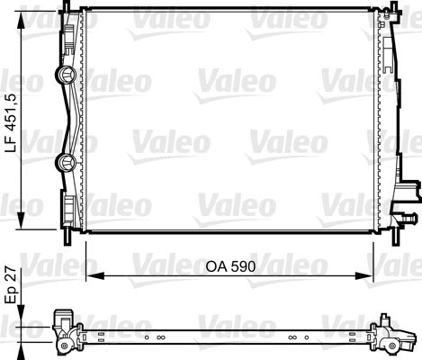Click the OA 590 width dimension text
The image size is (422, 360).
230,266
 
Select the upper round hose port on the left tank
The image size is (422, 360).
66,76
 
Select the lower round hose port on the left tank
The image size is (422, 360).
66,163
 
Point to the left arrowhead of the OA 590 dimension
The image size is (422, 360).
95,275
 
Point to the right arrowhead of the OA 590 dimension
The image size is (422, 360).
364,275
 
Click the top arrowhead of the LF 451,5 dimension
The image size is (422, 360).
21,20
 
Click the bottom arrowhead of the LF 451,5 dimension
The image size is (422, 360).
21,220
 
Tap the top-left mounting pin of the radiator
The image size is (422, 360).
66,5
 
